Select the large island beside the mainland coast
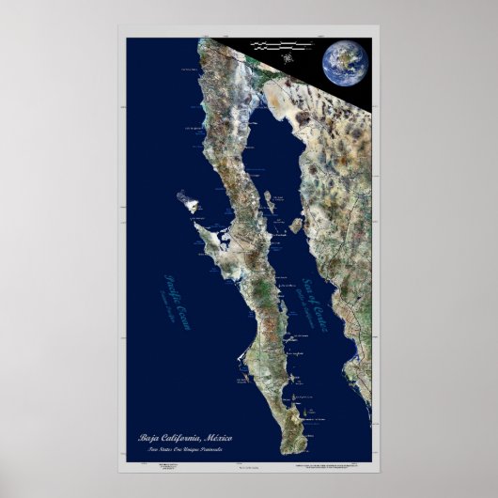tap(296, 225)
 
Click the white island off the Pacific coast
tap(187, 200)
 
